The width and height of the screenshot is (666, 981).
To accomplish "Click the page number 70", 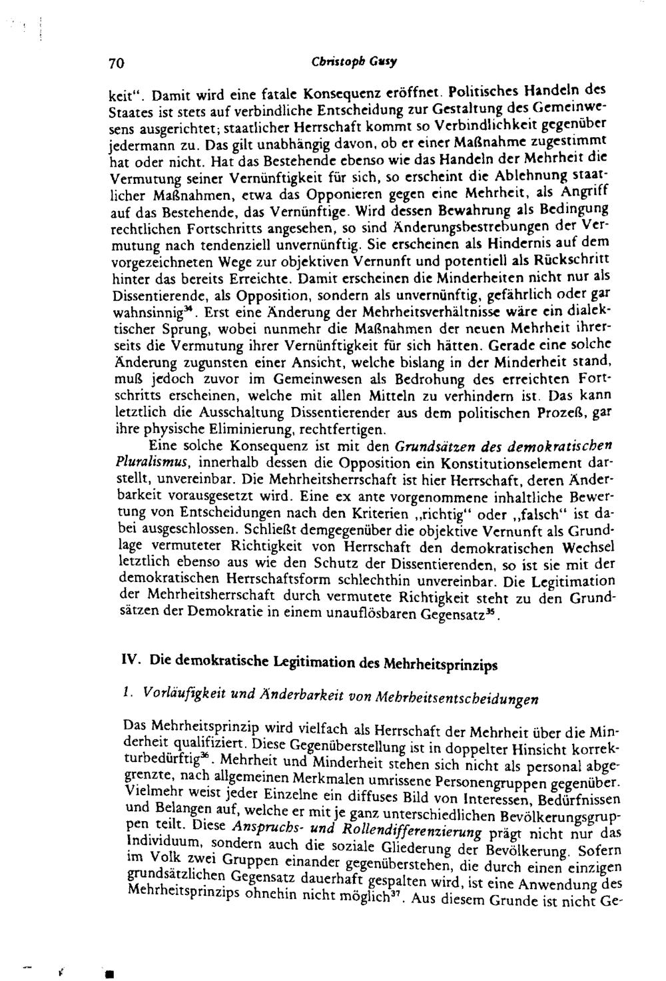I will (117, 64).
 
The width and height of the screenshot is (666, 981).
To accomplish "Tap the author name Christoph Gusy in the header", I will (354, 63).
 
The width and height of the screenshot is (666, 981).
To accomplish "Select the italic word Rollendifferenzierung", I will (409, 831).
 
